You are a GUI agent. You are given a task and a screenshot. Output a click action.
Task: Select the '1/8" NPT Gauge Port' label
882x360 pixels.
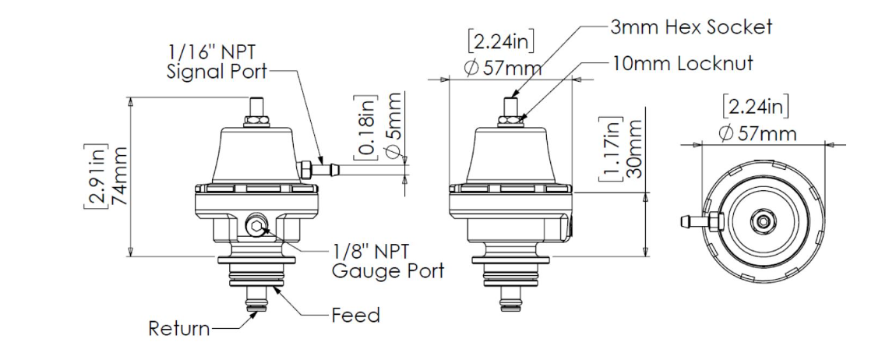point(387,261)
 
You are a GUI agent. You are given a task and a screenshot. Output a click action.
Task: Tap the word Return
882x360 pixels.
point(179,329)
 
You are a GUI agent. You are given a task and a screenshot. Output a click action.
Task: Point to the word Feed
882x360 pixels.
point(355,316)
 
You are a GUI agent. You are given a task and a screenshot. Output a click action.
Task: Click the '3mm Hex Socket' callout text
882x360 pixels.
point(690,27)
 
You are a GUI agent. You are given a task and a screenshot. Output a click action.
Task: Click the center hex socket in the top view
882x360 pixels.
point(767,221)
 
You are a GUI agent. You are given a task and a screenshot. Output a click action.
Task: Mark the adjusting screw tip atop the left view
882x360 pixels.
point(256,104)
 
